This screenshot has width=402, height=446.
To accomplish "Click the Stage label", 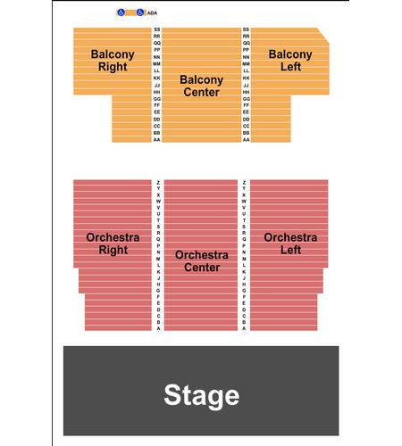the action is pyautogui.click(x=202, y=395).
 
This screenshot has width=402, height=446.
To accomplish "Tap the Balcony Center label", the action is pyautogui.click(x=202, y=86).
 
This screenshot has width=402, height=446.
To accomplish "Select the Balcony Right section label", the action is pyautogui.click(x=113, y=61).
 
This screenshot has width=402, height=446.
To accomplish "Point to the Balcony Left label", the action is pyautogui.click(x=290, y=61).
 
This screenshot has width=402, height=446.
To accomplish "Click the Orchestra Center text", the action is pyautogui.click(x=202, y=261).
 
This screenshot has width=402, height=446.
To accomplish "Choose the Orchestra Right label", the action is pyautogui.click(x=113, y=244).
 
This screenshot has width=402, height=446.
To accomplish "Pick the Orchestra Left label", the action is pyautogui.click(x=290, y=244).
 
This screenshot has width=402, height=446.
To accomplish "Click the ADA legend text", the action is pyautogui.click(x=152, y=13).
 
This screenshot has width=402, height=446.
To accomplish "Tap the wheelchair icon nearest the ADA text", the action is pyautogui.click(x=140, y=12).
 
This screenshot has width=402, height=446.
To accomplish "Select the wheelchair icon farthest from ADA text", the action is pyautogui.click(x=121, y=12).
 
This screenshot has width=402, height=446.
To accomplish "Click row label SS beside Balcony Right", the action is pyautogui.click(x=157, y=29).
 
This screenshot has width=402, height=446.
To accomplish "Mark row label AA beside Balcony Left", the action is pyautogui.click(x=246, y=139).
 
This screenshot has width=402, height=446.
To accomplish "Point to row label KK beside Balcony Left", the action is pyautogui.click(x=246, y=78).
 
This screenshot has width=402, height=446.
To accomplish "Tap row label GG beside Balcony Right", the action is pyautogui.click(x=157, y=99).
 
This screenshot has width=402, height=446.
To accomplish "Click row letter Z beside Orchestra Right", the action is pyautogui.click(x=158, y=182).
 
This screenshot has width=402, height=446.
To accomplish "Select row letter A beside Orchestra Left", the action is pyautogui.click(x=244, y=328).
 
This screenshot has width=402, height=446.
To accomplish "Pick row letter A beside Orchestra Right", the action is pyautogui.click(x=158, y=328).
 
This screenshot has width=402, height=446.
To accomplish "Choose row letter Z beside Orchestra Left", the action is pyautogui.click(x=244, y=182).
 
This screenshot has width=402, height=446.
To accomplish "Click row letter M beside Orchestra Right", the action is pyautogui.click(x=158, y=259).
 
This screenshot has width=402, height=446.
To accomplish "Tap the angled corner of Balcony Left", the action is pyautogui.click(x=323, y=36).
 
